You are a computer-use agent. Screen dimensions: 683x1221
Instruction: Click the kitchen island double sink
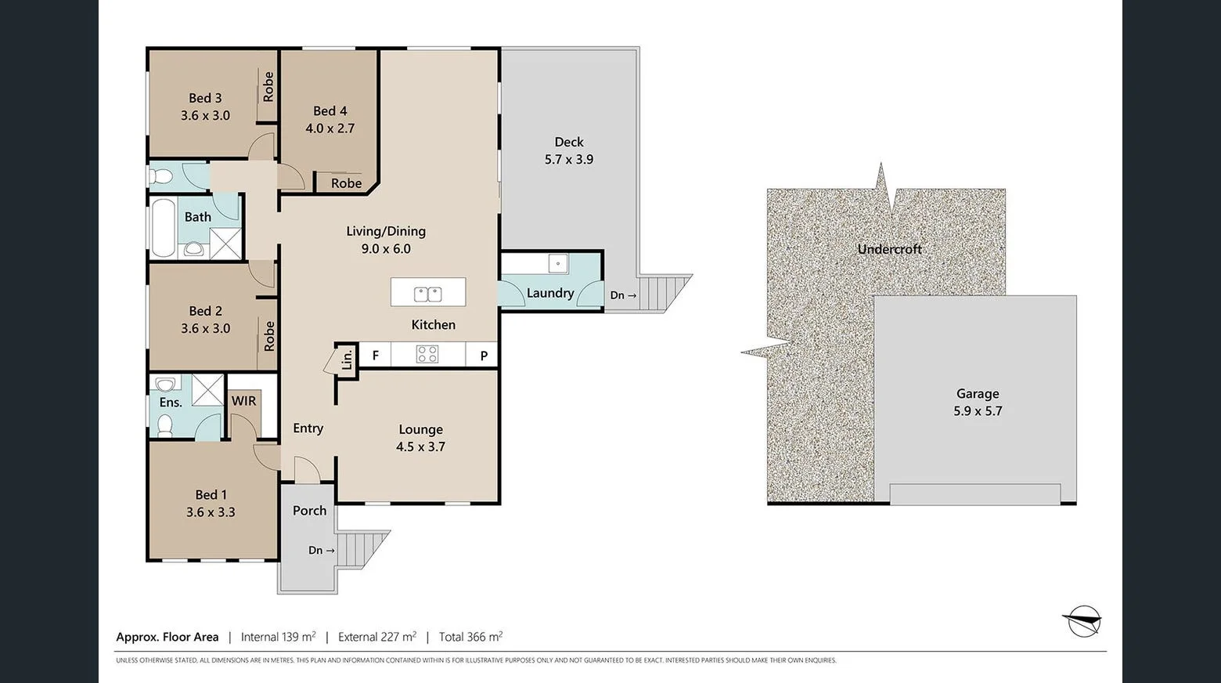pos(427,295)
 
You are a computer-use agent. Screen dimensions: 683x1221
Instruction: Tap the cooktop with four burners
pos(427,354)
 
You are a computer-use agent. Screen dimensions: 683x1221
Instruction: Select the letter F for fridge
pos(376,356)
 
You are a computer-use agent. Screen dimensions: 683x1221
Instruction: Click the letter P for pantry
pos(484,356)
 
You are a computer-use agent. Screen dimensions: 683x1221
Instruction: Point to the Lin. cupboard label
pos(347,360)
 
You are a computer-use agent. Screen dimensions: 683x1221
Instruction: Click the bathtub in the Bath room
pos(163,228)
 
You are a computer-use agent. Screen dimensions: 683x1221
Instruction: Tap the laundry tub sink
pos(557,263)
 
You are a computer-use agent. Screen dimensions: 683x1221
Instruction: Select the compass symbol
pos(1083,622)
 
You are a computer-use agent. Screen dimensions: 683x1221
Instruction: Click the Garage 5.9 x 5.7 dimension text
pos(977,411)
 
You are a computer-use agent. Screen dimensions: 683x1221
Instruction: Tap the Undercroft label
pos(889,249)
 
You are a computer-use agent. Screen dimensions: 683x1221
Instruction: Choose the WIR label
pos(243,401)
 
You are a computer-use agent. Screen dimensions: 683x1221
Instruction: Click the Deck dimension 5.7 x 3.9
pos(569,160)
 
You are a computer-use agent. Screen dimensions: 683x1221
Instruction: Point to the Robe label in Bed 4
pos(346,183)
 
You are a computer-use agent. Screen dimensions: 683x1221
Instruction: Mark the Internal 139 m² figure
pos(278,637)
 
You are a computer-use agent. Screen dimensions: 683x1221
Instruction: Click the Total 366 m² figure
pos(470,637)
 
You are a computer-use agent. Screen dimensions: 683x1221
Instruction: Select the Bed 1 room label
pos(211,495)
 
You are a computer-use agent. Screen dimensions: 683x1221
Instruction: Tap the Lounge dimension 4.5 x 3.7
pos(420,447)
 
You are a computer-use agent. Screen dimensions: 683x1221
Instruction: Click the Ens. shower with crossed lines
pos(207,390)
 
